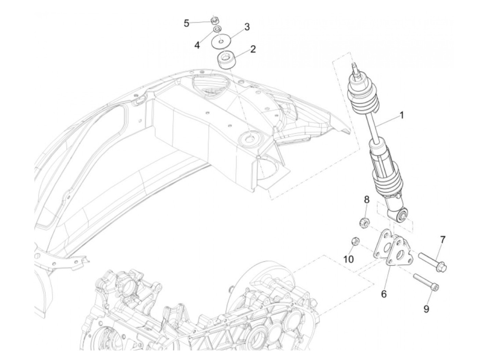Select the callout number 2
tap(253, 49)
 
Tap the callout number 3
tap(247, 27)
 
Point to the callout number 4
tap(197, 45)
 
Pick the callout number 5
tap(186, 24)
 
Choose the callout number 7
tap(442, 240)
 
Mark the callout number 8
tap(366, 199)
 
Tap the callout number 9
tap(426, 309)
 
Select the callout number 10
tap(348, 259)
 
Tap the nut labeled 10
tap(355, 242)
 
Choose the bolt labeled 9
tap(426, 282)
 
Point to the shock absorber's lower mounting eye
tap(402, 215)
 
